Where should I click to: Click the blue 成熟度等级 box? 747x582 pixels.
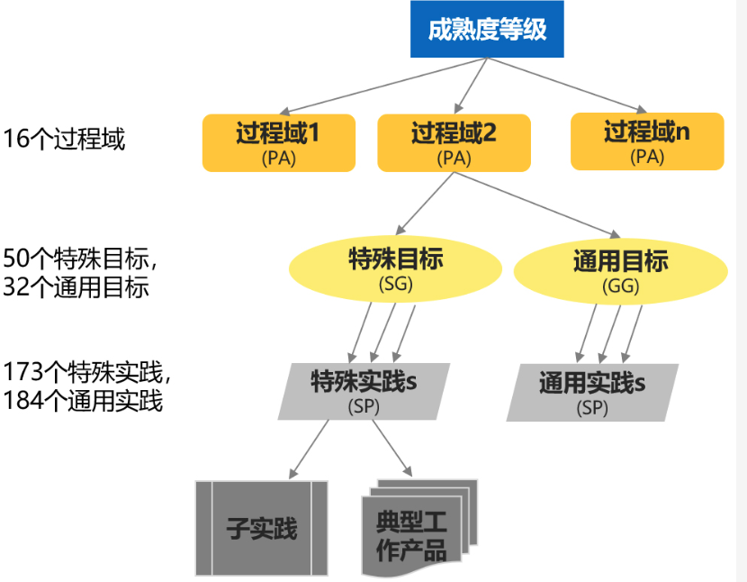point(487,31)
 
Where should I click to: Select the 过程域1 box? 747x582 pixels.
point(277,142)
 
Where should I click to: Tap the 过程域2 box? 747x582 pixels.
point(454,142)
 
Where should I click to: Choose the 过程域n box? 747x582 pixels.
point(647,141)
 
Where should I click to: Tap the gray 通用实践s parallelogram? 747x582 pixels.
point(591,393)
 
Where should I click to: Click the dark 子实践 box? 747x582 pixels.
point(261,528)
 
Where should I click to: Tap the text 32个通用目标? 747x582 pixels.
point(76,288)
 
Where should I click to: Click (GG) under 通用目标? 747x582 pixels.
point(620,286)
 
